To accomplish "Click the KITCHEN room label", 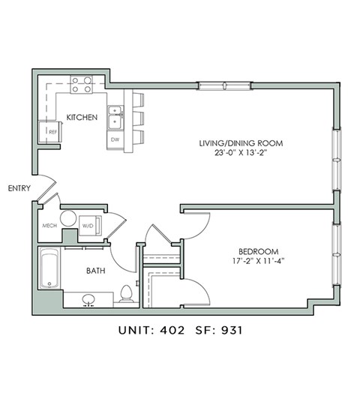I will (79, 118).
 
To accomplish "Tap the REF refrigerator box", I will (50, 131).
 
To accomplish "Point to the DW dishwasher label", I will (115, 139).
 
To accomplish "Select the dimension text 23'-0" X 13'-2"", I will (240, 155).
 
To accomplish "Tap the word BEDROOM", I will (259, 251).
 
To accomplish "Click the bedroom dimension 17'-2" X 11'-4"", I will (259, 262).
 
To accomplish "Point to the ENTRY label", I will (19, 188).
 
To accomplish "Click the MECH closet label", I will (49, 225).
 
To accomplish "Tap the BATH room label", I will (95, 271).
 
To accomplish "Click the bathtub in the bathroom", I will (50, 271).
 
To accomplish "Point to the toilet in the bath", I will (126, 293).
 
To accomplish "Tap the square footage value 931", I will (230, 328).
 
